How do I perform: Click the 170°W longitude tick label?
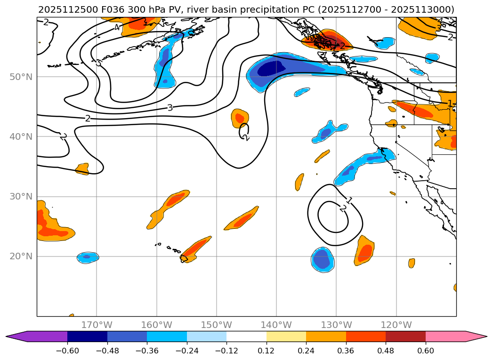(97, 325)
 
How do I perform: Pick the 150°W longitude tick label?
(216, 325)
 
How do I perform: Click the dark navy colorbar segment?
(87, 336)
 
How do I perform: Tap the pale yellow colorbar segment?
(286, 336)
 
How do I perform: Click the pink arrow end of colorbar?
(476, 336)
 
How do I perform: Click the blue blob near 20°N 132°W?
(323, 259)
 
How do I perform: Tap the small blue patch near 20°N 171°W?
(88, 257)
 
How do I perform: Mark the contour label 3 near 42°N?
(170, 108)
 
